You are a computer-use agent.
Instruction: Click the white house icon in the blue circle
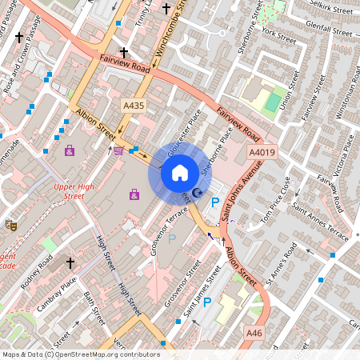[x=180, y=173]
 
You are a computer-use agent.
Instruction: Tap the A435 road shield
[x=133, y=104]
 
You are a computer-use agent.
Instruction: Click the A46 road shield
[x=254, y=333]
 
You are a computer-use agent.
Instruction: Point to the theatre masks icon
[x=10, y=226]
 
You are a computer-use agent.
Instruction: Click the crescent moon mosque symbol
[x=198, y=193]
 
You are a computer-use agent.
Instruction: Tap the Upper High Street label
[x=69, y=190]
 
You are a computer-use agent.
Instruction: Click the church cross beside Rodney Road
[x=70, y=262]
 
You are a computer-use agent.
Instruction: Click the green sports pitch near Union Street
[x=273, y=102]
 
